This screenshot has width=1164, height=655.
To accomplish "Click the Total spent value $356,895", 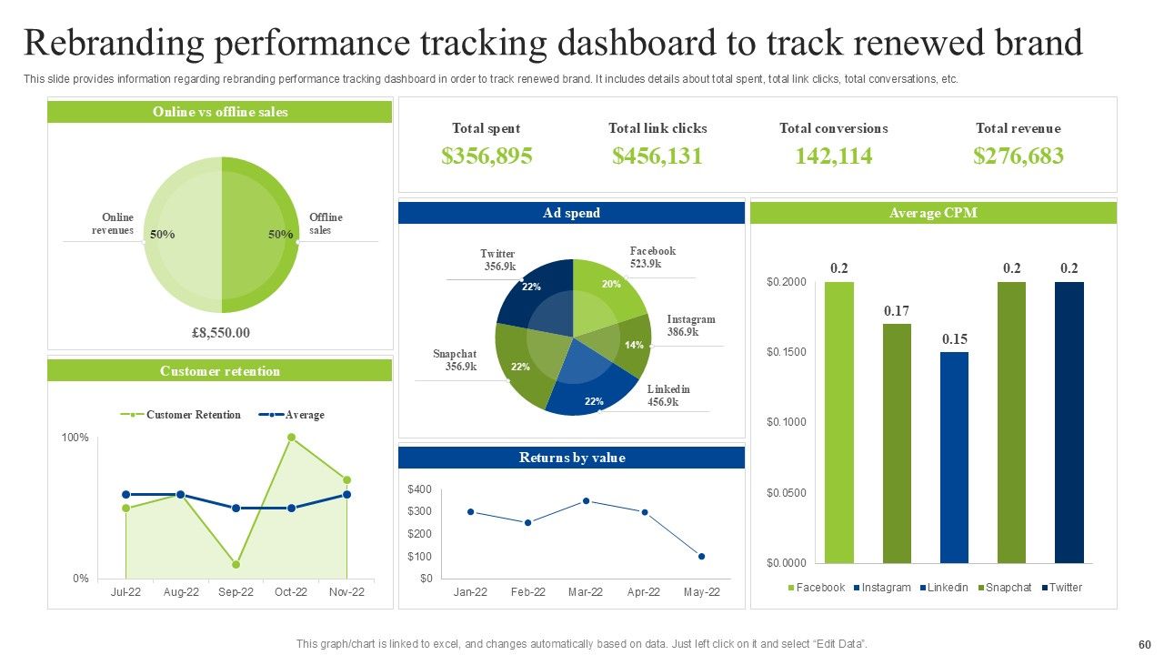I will click(x=487, y=156).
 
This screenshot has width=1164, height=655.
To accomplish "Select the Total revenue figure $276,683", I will click(x=1018, y=156).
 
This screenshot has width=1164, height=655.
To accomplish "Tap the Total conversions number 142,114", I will click(x=833, y=156).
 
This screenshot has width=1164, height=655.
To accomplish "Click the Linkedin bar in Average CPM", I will click(x=954, y=457).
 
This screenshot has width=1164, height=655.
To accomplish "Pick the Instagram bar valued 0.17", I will click(x=896, y=443).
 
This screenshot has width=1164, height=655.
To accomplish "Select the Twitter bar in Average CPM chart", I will click(x=1069, y=422).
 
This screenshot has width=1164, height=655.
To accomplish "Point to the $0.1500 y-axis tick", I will click(x=787, y=352).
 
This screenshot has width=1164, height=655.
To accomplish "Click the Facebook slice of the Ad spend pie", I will click(x=607, y=288).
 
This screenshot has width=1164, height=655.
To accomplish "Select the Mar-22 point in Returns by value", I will click(x=586, y=501).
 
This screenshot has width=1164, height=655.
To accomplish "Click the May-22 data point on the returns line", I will click(x=701, y=556).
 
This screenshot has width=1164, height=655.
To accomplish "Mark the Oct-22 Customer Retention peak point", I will click(x=291, y=438).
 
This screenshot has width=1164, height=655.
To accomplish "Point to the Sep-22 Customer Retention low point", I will click(x=236, y=564).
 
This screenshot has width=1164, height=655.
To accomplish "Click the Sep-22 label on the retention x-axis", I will click(x=236, y=592).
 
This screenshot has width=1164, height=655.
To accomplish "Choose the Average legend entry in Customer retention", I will click(x=304, y=415).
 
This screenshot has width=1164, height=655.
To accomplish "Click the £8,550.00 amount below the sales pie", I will click(x=221, y=333).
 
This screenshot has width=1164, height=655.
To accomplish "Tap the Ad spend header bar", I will click(x=571, y=213).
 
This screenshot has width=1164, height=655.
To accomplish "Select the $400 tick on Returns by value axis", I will click(x=420, y=489).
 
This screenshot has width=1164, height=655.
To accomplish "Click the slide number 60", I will click(x=1144, y=644).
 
